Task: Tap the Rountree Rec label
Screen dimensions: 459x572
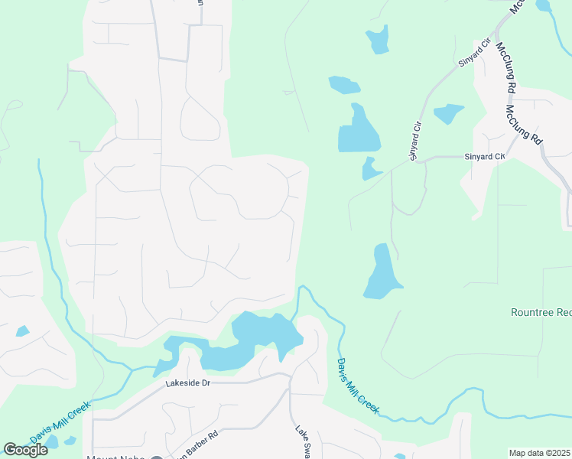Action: [541, 312]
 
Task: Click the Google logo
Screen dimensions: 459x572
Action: [26, 450]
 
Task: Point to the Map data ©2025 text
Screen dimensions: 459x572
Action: [539, 453]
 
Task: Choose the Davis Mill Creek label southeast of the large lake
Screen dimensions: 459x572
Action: [358, 386]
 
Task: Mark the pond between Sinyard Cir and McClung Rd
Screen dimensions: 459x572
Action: [449, 113]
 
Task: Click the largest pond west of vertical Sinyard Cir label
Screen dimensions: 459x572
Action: [358, 130]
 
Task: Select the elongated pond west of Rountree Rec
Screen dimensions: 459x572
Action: [382, 272]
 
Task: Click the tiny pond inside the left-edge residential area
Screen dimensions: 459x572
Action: [22, 331]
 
